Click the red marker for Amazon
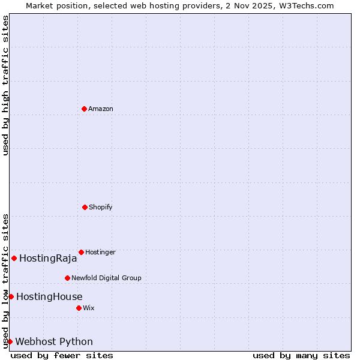click(x=84, y=109)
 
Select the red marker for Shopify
click(x=85, y=207)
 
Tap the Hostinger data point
click(x=81, y=252)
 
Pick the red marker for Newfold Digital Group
click(x=67, y=278)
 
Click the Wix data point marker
click(x=79, y=308)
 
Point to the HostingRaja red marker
click(x=14, y=258)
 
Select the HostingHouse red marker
click(x=11, y=296)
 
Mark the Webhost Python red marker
click(x=10, y=341)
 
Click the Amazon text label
click(x=101, y=109)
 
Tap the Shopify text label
click(x=101, y=207)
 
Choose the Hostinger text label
click(x=100, y=252)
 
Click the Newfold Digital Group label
click(x=106, y=278)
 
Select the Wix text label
click(x=89, y=308)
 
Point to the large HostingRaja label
click(x=48, y=259)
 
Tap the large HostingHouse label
click(x=49, y=296)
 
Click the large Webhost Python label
click(x=54, y=342)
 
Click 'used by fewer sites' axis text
click(x=62, y=355)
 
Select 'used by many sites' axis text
click(x=301, y=355)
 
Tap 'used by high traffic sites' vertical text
click(x=5, y=85)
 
